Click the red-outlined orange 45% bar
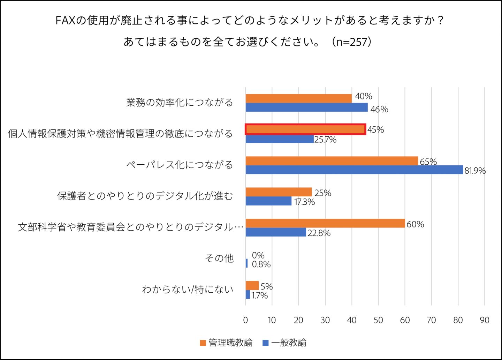305,129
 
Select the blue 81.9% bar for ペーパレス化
354,170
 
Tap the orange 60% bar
325,224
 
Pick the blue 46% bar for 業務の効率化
306,107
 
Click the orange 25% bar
279,192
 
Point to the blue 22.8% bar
276,232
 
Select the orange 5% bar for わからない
252,286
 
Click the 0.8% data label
261,264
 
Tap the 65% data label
428,162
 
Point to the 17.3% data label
304,202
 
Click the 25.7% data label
325,140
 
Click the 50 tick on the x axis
378,320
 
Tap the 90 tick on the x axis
484,320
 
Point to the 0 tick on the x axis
245,320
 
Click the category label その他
219,258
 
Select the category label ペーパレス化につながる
180,165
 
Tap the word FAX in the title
66,21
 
